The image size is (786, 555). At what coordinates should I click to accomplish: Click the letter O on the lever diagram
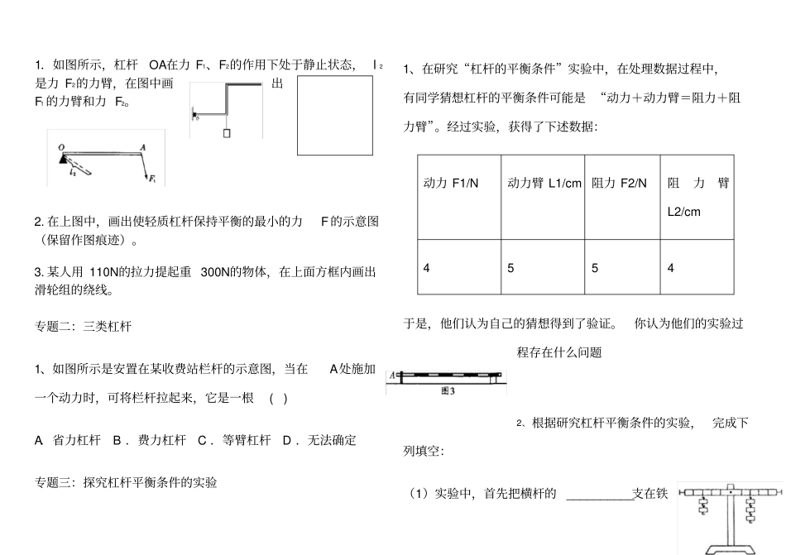(x=61, y=147)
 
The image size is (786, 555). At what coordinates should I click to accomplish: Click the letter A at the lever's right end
(x=143, y=147)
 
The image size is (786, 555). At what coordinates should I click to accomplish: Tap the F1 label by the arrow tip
(x=151, y=177)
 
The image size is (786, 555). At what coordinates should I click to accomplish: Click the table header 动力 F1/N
(x=450, y=183)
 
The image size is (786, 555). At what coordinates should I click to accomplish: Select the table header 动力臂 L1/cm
(x=544, y=183)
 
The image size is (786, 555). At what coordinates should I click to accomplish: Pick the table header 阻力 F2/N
(x=620, y=183)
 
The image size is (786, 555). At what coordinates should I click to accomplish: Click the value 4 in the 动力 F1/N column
(x=427, y=268)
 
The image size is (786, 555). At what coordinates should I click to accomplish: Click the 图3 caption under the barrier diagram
(x=449, y=391)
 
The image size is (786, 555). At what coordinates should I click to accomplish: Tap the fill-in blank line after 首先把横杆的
(x=599, y=495)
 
